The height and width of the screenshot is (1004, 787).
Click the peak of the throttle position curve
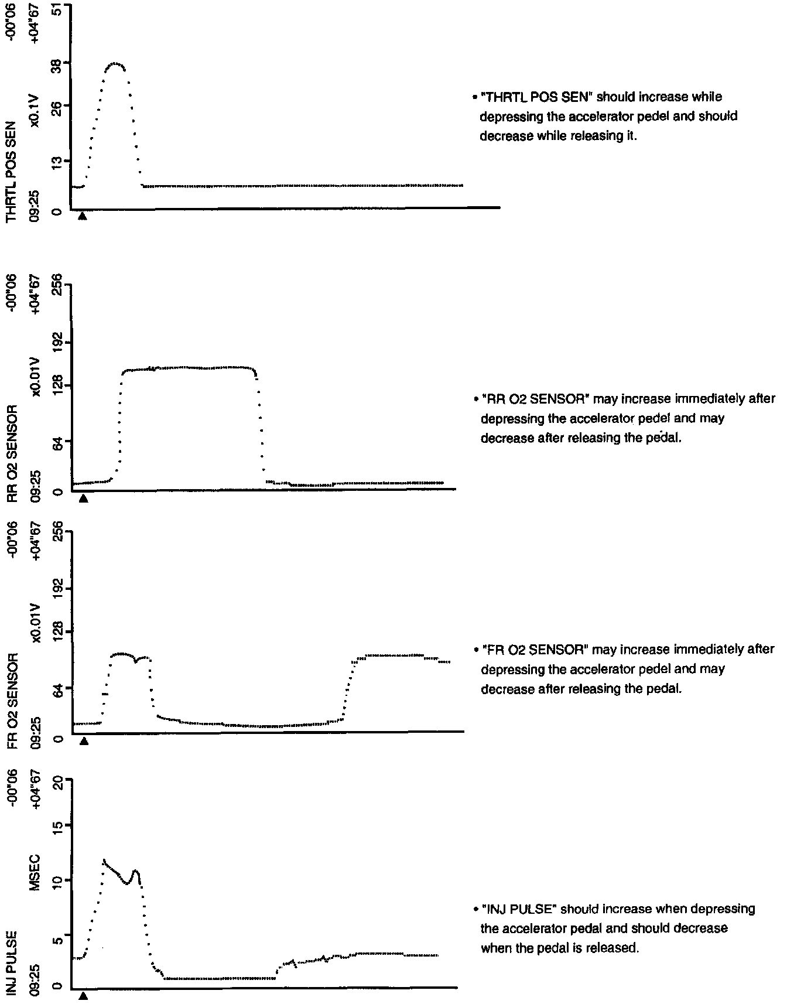pyautogui.click(x=115, y=63)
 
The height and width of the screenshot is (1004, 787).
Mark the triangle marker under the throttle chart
pyautogui.click(x=83, y=216)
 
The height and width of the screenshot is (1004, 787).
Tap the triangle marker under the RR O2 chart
pyautogui.click(x=83, y=498)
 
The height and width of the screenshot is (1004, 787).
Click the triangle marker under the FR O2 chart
pyautogui.click(x=84, y=741)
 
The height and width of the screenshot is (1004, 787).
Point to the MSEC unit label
pyautogui.click(x=35, y=872)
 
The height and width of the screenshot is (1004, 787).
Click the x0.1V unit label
pyautogui.click(x=35, y=111)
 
